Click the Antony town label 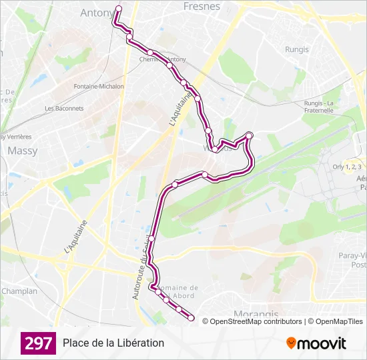tap(96, 13)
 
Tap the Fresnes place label tap(202, 6)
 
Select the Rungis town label tap(297, 49)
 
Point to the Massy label tap(23, 151)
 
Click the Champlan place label tap(19, 291)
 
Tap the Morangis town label tap(256, 313)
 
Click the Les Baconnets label tap(64, 108)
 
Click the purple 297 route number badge tap(38, 343)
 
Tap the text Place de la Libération tap(113, 343)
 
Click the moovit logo tap(316, 343)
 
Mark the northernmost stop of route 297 tap(119, 9)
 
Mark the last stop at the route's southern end tap(191, 319)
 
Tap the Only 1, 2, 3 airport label tap(347, 167)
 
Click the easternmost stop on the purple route tap(250, 136)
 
